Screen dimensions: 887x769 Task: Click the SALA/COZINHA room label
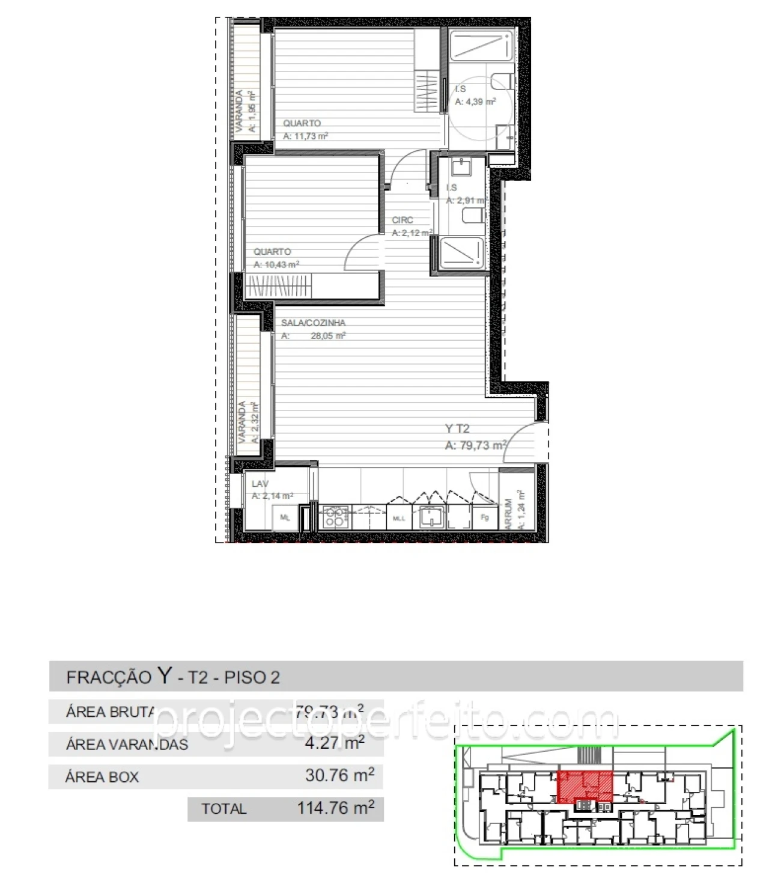313,323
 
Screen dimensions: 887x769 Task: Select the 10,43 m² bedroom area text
276,264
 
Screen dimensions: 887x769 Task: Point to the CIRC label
403,221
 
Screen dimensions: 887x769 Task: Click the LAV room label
260,484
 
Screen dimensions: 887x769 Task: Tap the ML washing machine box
285,517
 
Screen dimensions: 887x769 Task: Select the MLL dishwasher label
399,518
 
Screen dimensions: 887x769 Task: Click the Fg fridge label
485,517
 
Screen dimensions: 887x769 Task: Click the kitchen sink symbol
431,516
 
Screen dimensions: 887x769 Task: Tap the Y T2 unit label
457,428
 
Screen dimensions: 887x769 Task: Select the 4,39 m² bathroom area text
475,102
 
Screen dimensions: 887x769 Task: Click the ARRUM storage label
509,513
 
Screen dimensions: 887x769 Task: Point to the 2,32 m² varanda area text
255,422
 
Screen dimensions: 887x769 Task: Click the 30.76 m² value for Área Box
339,775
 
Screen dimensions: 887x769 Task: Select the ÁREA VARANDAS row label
127,745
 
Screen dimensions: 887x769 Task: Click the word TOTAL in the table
223,809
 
